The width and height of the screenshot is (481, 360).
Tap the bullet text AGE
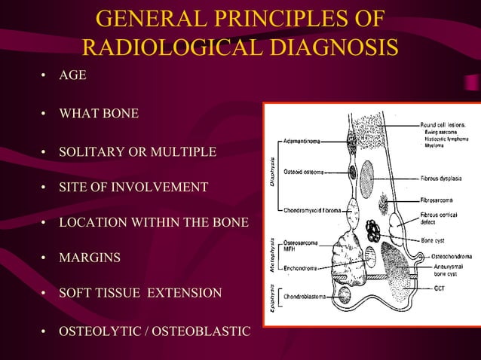click(73, 76)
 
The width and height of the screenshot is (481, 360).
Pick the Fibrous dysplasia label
click(446, 178)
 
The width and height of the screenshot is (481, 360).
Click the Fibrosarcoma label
click(440, 202)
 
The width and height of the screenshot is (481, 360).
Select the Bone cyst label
click(437, 241)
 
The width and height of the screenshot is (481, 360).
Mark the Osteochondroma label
click(452, 256)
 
